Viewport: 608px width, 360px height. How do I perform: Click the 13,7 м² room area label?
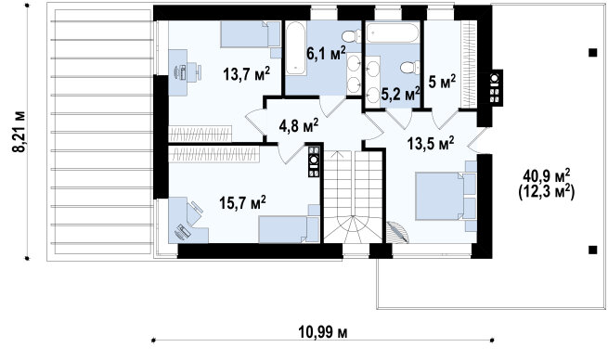(x=246, y=73)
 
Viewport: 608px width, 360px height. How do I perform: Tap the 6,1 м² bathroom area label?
(x=326, y=54)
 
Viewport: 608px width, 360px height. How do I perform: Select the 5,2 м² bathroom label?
(x=401, y=94)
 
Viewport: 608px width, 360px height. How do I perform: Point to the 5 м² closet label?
(x=442, y=82)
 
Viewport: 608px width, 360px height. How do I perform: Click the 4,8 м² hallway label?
(x=299, y=125)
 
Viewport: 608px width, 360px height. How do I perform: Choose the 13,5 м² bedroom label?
(x=431, y=144)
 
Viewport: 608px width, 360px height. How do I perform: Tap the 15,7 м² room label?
(x=242, y=202)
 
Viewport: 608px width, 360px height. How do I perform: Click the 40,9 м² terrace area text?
(x=547, y=176)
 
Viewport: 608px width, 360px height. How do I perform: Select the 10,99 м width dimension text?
(x=323, y=332)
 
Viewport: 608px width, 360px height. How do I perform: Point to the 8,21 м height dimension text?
(x=19, y=132)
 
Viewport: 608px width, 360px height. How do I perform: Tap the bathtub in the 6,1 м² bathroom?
(x=296, y=49)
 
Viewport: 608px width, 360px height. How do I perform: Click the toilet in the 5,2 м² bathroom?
(x=410, y=68)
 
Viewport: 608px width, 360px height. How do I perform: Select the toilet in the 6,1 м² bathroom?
(x=352, y=37)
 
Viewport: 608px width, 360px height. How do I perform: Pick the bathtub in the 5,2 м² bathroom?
(x=393, y=33)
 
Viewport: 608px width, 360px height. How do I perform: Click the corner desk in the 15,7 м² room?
(x=188, y=220)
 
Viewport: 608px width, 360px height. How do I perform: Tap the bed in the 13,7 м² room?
(x=251, y=35)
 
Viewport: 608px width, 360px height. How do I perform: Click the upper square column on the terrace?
(x=592, y=53)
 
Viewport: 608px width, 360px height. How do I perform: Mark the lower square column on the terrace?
(x=592, y=250)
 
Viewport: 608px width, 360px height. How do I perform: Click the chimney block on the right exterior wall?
(x=495, y=87)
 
